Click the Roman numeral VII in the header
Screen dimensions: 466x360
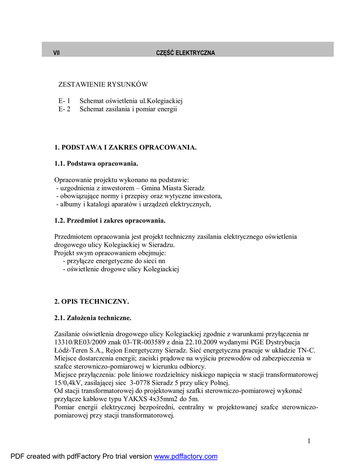coord(56,53)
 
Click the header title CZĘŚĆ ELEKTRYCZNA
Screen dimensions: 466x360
coord(185,53)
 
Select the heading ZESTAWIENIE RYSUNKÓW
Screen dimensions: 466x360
coord(103,85)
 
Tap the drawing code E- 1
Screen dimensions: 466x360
coord(64,101)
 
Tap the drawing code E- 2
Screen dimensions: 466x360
coord(64,109)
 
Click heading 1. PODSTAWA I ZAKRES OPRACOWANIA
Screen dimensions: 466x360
coord(126,147)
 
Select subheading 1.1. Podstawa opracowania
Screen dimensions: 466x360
coord(96,163)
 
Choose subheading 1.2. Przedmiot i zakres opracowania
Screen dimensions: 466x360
coord(110,221)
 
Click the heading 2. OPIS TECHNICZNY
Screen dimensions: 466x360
coord(91,301)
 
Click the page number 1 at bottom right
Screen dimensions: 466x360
coord(309,441)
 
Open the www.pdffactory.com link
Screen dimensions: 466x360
coord(186,456)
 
